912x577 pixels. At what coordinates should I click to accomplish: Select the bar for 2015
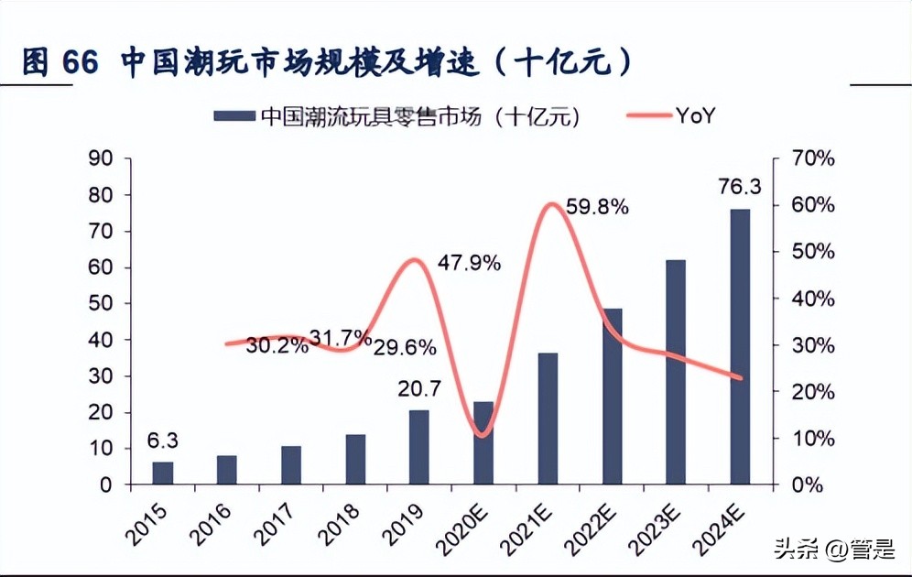click(x=162, y=473)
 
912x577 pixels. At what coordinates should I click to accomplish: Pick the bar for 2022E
click(x=612, y=396)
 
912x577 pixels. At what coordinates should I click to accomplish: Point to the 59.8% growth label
click(x=597, y=207)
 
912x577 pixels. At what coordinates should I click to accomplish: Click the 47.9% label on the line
click(x=469, y=264)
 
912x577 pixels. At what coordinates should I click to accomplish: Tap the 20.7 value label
click(x=419, y=389)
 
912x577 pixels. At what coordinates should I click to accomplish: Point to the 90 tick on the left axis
click(x=101, y=158)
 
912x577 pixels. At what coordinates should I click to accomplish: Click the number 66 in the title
click(x=80, y=62)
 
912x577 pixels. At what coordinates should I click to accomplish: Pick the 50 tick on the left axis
click(x=101, y=303)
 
